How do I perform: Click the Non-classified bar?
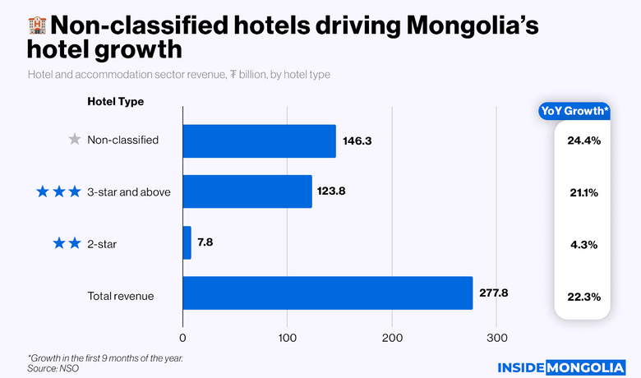259,141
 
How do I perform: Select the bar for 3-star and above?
247,191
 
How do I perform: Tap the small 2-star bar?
187,243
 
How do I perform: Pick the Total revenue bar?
327,293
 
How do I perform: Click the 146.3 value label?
357,141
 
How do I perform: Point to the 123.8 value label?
332,191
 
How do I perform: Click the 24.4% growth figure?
583,141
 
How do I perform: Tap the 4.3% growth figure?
583,244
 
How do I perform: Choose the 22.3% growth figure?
583,296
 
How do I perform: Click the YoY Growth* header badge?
574,111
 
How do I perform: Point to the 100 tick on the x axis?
287,338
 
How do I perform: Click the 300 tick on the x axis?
496,338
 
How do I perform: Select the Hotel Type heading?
116,102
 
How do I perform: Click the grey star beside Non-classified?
75,140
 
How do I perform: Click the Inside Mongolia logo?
563,366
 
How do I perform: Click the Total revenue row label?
121,296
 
